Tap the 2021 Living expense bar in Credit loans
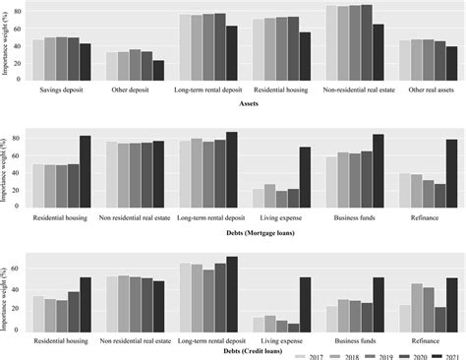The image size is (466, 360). [306, 306]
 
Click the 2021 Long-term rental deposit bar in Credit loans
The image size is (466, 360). [232, 295]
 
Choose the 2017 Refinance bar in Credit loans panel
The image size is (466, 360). [404, 319]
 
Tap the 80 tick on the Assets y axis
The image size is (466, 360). [20, 13]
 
